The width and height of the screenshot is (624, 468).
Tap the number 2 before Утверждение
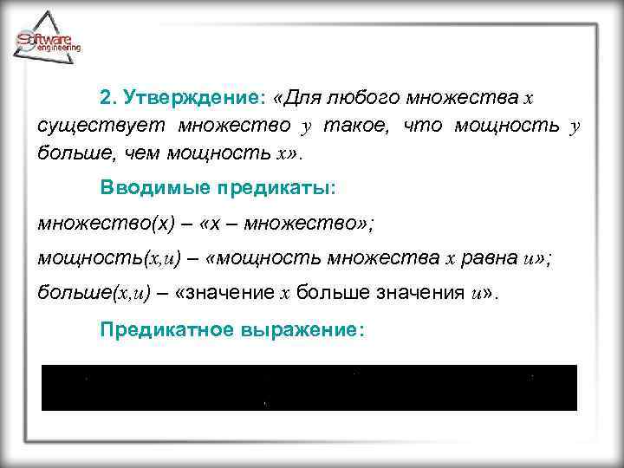tap(106, 94)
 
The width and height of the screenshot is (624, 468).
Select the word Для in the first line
tap(302, 94)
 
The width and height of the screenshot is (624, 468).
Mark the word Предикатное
tap(157, 329)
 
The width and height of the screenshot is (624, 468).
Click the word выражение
tap(295, 329)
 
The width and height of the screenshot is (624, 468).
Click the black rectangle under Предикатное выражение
tap(309, 387)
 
